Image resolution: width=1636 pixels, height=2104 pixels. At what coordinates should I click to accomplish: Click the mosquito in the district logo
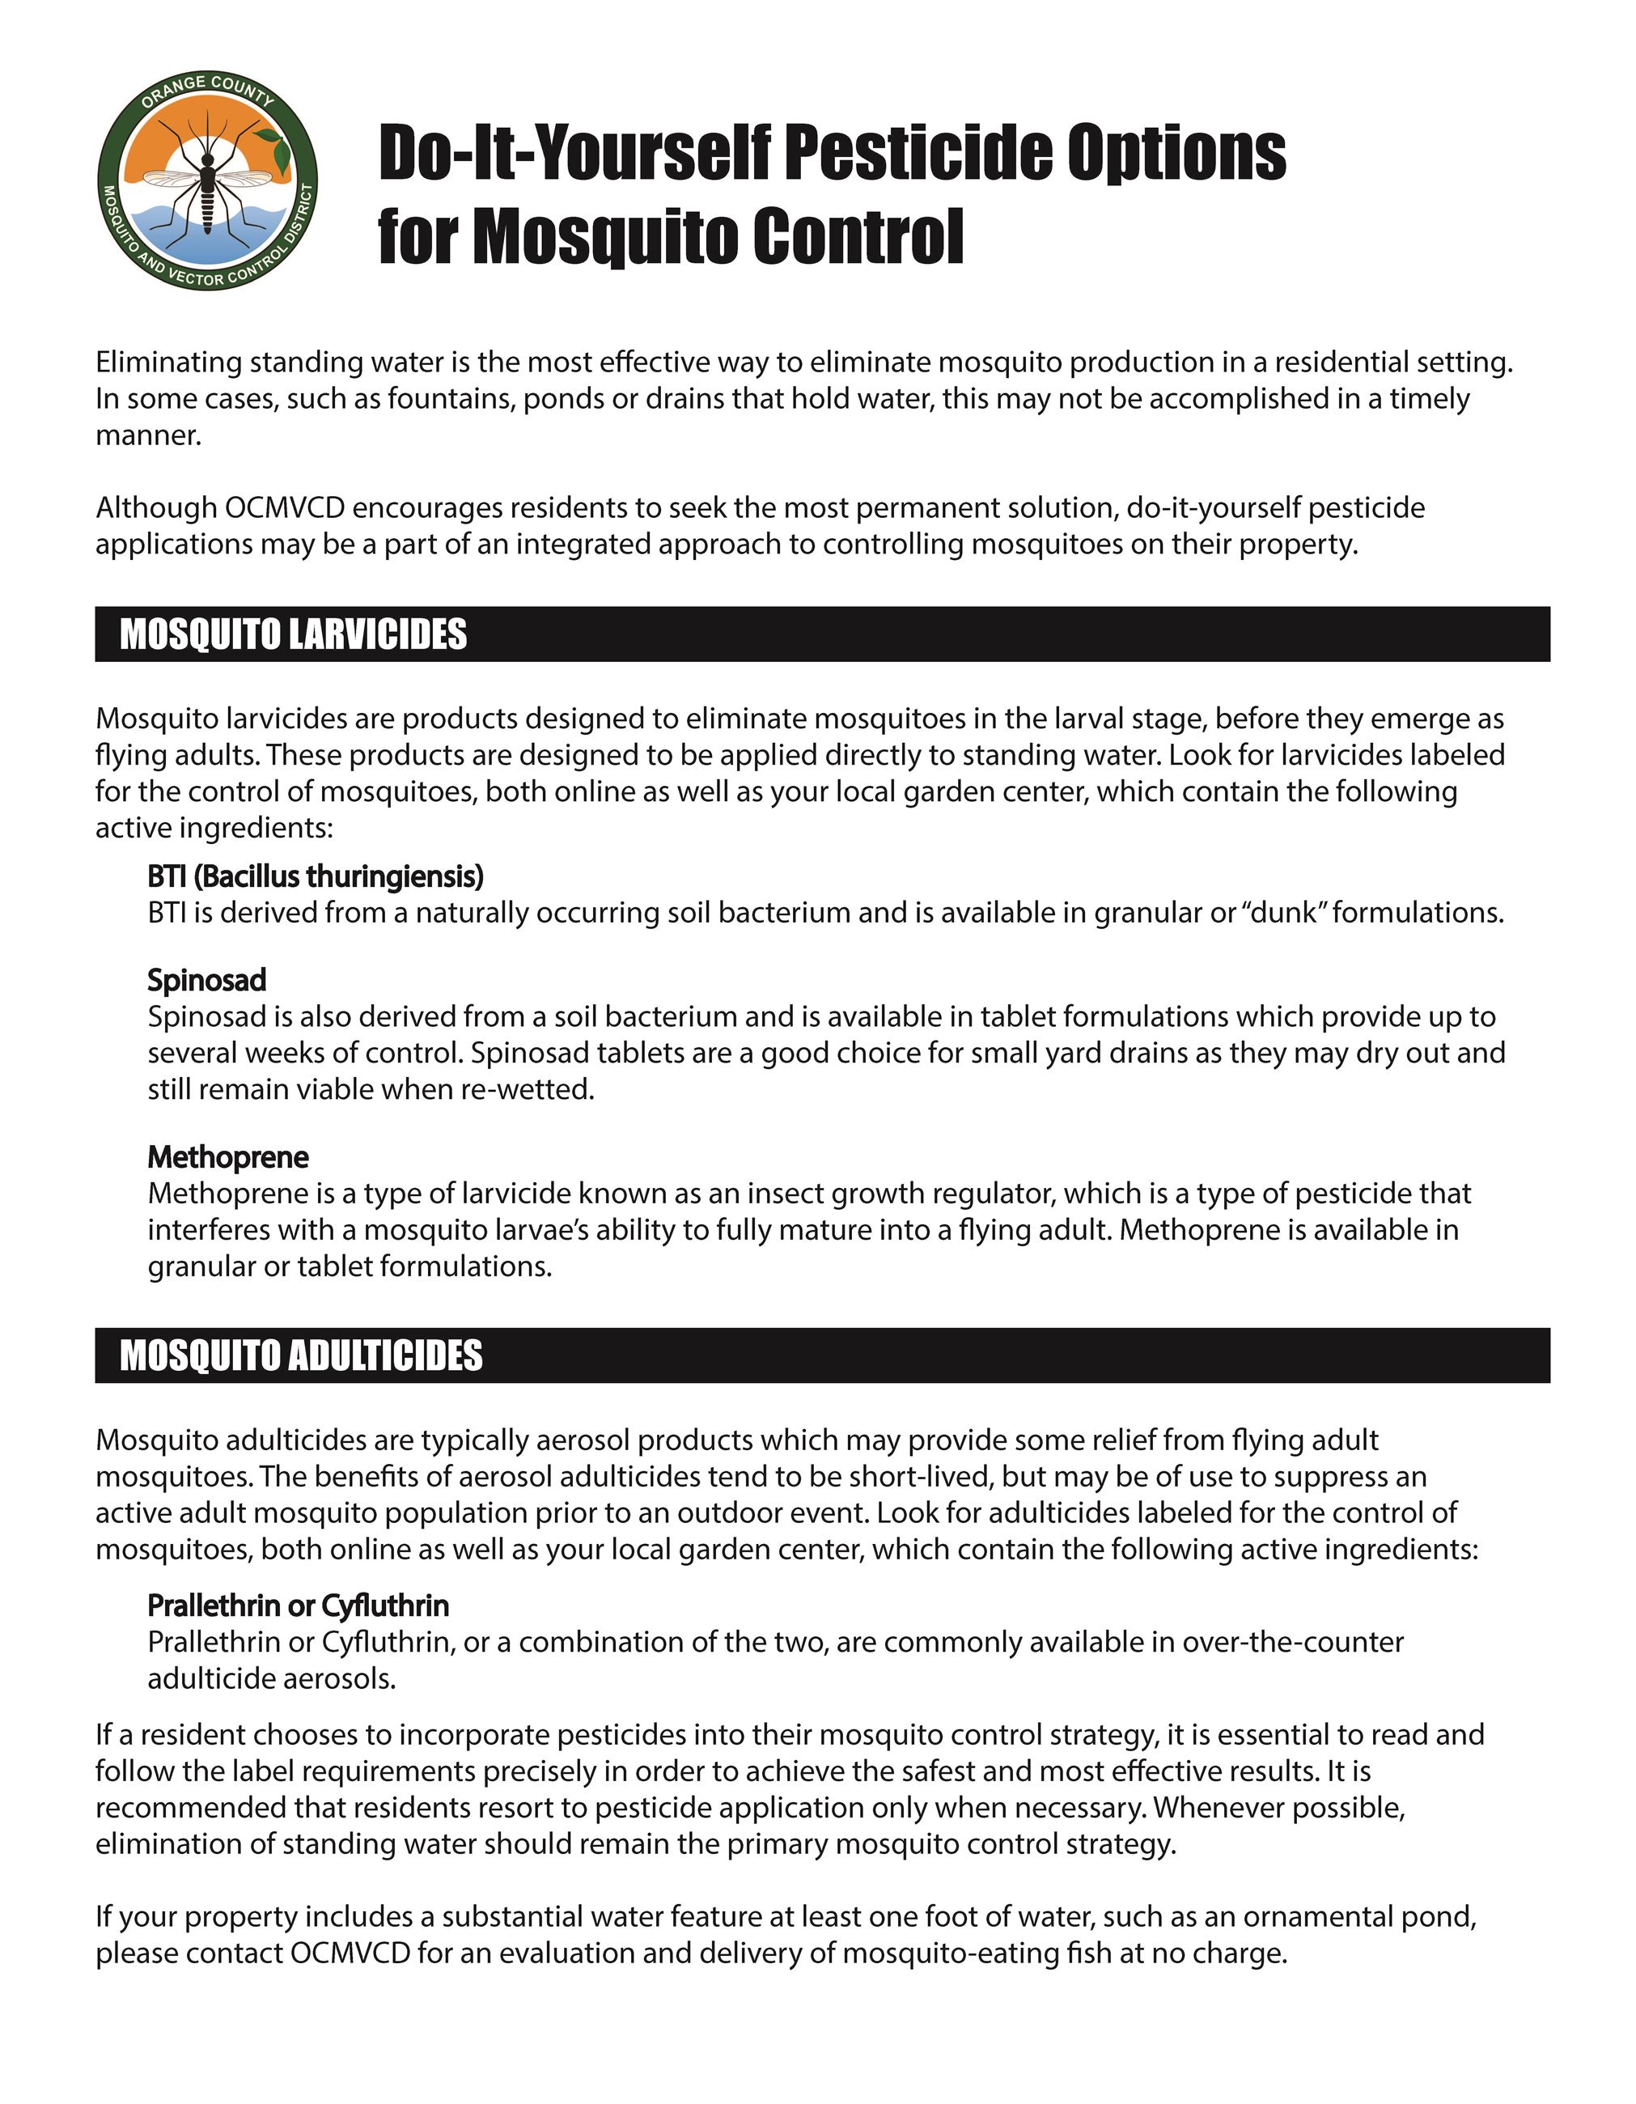coord(206,178)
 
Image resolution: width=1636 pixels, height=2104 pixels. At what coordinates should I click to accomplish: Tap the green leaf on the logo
coord(278,146)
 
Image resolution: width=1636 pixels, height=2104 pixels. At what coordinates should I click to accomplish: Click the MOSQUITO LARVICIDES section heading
coord(293,635)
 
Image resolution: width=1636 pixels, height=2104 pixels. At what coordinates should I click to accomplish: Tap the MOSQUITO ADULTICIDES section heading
coord(301,1355)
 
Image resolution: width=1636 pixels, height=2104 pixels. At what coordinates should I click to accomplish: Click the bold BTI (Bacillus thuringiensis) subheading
coord(315,876)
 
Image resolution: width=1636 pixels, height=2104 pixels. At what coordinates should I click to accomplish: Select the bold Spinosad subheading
coord(206,980)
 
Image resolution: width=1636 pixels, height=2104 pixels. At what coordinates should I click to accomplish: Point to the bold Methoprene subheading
coord(227,1156)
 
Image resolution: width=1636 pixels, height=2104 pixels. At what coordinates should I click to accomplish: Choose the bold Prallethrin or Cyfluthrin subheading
coord(298,1606)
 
